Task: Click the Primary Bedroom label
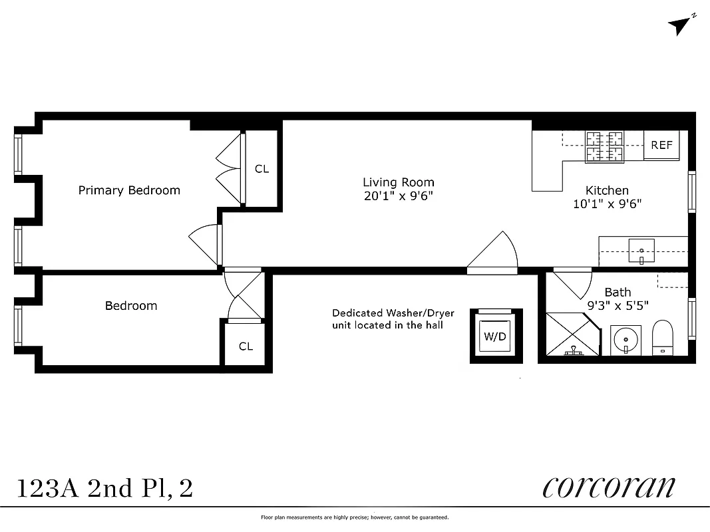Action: pos(129,190)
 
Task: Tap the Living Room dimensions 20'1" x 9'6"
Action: pos(399,196)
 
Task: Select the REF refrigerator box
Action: pos(661,146)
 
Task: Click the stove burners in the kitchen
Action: pos(605,147)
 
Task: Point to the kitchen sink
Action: pos(641,251)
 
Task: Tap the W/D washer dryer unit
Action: pos(494,336)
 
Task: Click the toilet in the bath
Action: pos(663,338)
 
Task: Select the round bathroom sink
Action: pos(625,340)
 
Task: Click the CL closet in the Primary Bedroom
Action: pos(262,169)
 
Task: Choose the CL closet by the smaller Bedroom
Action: pos(246,346)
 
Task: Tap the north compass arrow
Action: pos(681,25)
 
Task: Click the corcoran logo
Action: pos(608,487)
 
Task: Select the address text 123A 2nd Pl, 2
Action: pos(104,489)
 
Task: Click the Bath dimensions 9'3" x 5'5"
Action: pos(618,306)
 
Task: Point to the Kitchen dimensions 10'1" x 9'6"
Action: pos(607,204)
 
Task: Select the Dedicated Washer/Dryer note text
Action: pos(393,319)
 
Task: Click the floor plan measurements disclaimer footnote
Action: pos(355,517)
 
